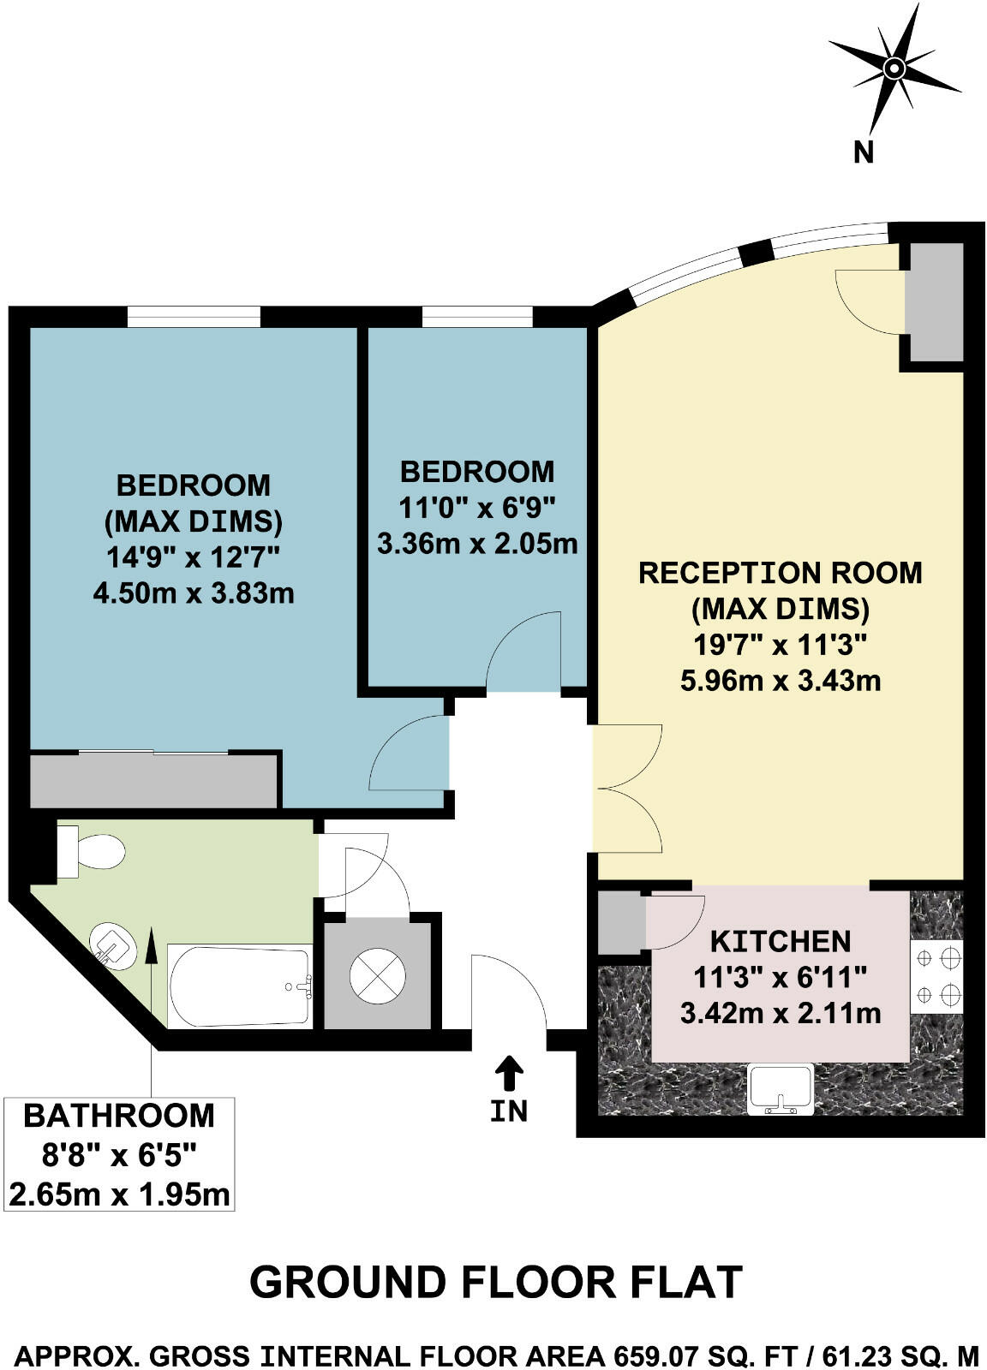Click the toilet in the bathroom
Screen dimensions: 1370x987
pyautogui.click(x=93, y=852)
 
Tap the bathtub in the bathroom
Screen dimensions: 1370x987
pyautogui.click(x=239, y=986)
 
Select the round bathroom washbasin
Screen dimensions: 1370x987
pyautogui.click(x=114, y=946)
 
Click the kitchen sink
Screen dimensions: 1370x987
pyautogui.click(x=780, y=1088)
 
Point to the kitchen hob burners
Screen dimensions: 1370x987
pyautogui.click(x=937, y=976)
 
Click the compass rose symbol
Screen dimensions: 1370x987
pyautogui.click(x=894, y=68)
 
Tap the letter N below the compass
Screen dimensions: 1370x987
pyautogui.click(x=864, y=152)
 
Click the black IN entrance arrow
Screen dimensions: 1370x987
pyautogui.click(x=509, y=1072)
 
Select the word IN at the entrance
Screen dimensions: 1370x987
pyautogui.click(x=509, y=1111)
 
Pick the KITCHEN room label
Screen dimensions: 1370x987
pyautogui.click(x=781, y=941)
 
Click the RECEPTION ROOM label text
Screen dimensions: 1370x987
pyautogui.click(x=780, y=572)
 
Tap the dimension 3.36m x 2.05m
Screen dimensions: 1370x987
pyautogui.click(x=477, y=543)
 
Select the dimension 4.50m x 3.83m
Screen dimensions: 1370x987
pyautogui.click(x=194, y=593)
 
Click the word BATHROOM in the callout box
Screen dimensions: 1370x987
pyautogui.click(x=118, y=1116)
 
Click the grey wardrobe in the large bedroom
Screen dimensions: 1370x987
pyautogui.click(x=154, y=779)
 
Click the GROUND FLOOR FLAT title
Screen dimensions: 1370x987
pyautogui.click(x=495, y=1282)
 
